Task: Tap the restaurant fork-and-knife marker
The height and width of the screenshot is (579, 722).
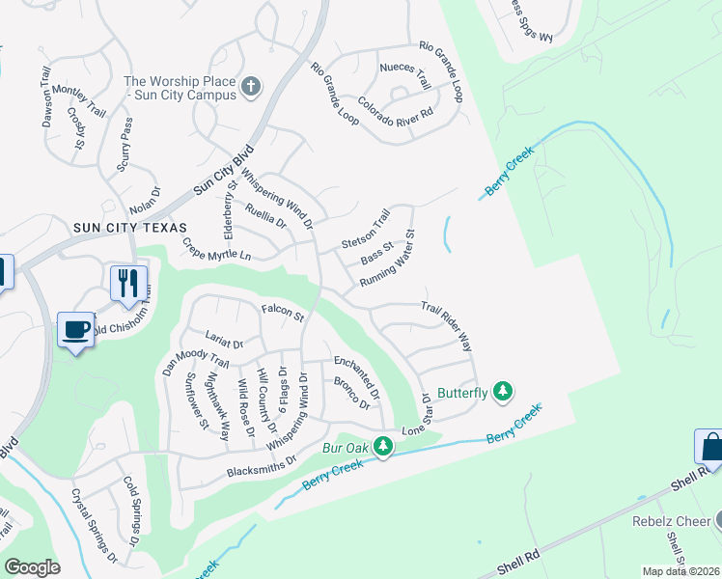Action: (128, 283)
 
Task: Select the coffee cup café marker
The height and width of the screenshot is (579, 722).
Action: (76, 329)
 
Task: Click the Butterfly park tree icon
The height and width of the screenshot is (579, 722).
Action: (501, 391)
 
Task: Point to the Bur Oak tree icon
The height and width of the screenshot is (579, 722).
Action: (383, 447)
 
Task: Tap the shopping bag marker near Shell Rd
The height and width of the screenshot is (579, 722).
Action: (711, 448)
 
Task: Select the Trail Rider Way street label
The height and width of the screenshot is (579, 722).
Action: (445, 328)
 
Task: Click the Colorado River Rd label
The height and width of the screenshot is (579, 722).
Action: (395, 105)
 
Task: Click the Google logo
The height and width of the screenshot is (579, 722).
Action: (33, 567)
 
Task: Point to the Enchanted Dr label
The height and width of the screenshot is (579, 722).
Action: (357, 375)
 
